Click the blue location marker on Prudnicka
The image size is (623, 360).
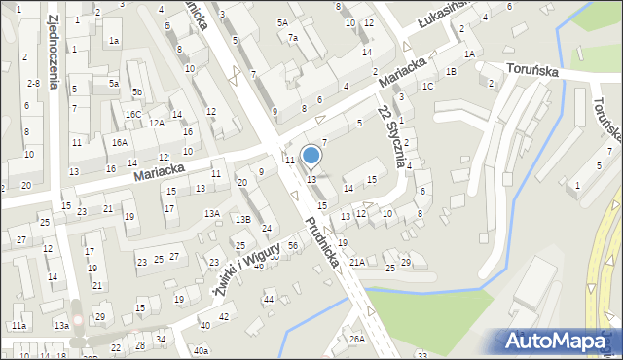click(311, 156)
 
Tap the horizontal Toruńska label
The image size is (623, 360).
click(531, 71)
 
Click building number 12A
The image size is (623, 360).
click(156, 124)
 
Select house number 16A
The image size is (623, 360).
click(119, 142)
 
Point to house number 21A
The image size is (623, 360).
click(357, 262)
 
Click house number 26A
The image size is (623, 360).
click(357, 339)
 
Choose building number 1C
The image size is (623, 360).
click(427, 86)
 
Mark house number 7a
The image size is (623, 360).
click(293, 38)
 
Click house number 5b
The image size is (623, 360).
click(138, 92)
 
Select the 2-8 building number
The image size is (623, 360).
click(33, 84)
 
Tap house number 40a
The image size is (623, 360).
click(201, 350)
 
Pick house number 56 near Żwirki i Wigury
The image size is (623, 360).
click(293, 246)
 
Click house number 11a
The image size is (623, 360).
click(19, 325)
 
